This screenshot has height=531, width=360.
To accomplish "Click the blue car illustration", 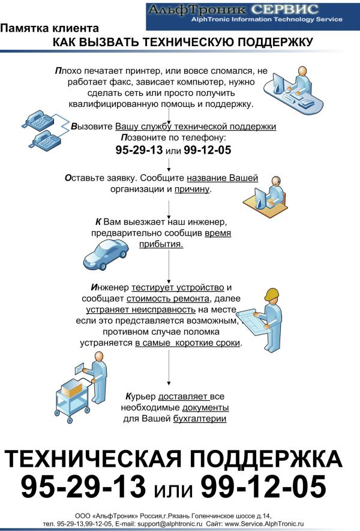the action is (106, 254).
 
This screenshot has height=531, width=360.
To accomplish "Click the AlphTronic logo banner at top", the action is (253, 16).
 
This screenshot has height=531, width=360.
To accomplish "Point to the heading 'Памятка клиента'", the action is (49, 28).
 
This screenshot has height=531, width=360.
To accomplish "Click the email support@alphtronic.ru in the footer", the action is (170, 524).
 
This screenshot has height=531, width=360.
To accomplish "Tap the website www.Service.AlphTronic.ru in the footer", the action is (264, 524).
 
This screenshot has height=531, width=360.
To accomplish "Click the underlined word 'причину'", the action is (192, 189).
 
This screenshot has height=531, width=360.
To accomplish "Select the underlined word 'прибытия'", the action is (161, 244).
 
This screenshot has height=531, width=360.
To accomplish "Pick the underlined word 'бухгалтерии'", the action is (199, 419).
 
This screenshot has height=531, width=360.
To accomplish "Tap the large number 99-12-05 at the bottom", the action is (263, 486).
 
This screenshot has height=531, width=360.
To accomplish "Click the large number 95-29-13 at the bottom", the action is (83, 486).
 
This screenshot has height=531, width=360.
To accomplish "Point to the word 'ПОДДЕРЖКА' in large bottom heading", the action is (266, 459).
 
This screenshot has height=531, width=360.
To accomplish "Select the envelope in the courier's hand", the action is (79, 368).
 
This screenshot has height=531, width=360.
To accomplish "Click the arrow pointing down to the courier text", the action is (169, 368).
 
